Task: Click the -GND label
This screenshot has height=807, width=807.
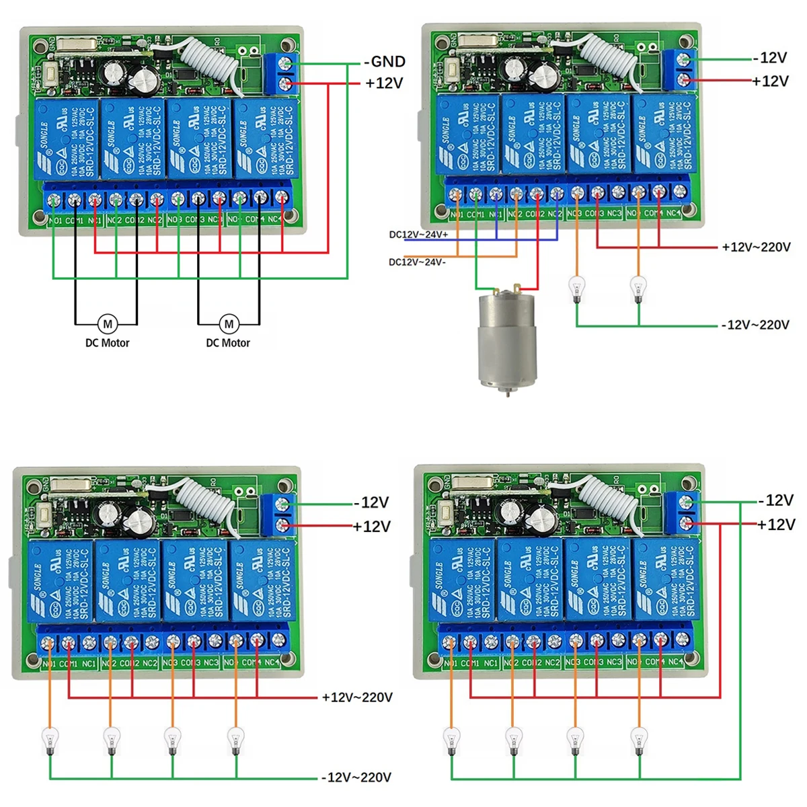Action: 385,62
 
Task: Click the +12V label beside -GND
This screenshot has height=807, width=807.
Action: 385,83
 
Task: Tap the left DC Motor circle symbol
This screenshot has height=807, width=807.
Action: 108,324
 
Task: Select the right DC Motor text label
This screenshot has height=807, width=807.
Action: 228,343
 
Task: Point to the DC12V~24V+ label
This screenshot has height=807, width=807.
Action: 418,235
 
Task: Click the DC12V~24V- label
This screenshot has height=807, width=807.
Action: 417,262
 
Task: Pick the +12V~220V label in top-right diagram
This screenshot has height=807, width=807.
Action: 756,247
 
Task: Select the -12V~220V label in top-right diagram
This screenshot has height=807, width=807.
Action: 755,325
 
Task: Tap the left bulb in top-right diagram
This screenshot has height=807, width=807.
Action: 576,289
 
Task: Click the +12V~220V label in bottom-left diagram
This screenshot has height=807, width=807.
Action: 357,697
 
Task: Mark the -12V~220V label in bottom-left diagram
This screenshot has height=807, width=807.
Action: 356,777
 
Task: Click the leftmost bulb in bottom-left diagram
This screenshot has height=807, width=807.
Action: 50,740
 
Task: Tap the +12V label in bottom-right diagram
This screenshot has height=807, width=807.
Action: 776,525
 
